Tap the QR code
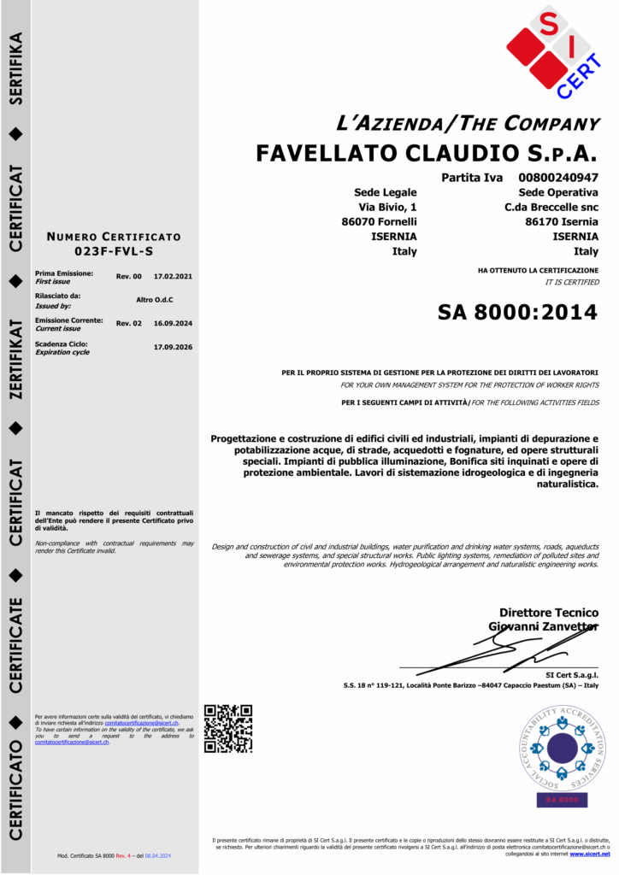[228, 728]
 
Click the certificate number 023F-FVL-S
[114, 252]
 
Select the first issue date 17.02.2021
[173, 276]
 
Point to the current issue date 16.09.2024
[173, 323]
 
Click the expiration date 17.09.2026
[173, 347]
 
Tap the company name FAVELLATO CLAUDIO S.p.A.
[427, 154]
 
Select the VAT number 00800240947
[558, 178]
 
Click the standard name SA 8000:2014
[517, 312]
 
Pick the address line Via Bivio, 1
[387, 208]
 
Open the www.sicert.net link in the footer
[590, 854]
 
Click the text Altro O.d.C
[155, 299]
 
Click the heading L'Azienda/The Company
[468, 123]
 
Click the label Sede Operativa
[558, 192]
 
